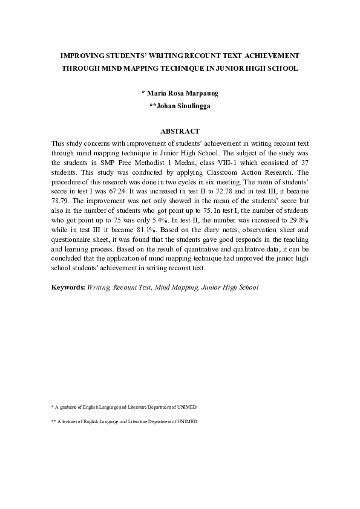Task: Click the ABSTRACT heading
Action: click(180, 131)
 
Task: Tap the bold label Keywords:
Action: click(68, 288)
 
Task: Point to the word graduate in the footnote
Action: click(68, 407)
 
